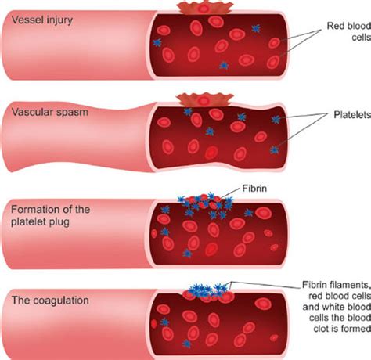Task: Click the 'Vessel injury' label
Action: pyautogui.click(x=42, y=20)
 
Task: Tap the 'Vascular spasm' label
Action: pyautogui.click(x=50, y=112)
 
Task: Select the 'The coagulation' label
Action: pyautogui.click(x=50, y=300)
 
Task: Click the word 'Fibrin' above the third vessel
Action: pyautogui.click(x=254, y=188)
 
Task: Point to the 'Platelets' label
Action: pyautogui.click(x=352, y=114)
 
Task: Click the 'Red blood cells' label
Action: pyautogui.click(x=349, y=31)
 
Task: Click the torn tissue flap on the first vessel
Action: pyautogui.click(x=204, y=8)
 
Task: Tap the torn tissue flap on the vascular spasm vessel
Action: pyautogui.click(x=205, y=99)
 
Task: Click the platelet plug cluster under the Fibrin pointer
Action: pyautogui.click(x=206, y=205)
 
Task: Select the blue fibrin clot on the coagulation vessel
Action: pyautogui.click(x=209, y=290)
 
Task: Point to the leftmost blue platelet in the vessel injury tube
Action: pyautogui.click(x=157, y=42)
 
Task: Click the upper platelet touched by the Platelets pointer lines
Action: pyautogui.click(x=276, y=119)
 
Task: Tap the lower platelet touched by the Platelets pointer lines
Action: pyautogui.click(x=274, y=149)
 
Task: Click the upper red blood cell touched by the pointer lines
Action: pyautogui.click(x=275, y=42)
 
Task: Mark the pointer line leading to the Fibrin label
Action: pyautogui.click(x=230, y=193)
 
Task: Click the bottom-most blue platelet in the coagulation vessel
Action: pyautogui.click(x=186, y=344)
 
